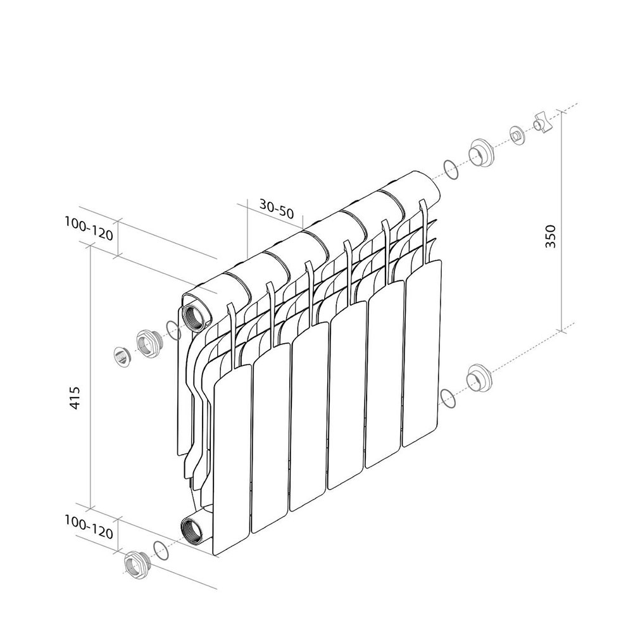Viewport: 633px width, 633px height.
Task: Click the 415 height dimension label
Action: (x=75, y=398)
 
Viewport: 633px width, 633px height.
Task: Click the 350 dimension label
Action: (x=551, y=236)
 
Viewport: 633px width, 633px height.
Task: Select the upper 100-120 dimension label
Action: (x=89, y=229)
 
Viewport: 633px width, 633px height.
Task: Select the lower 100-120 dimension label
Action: (x=89, y=527)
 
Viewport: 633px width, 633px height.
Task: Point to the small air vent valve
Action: (x=517, y=135)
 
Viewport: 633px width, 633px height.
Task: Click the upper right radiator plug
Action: (x=480, y=153)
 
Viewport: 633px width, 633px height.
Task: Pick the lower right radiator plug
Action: (x=479, y=378)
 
